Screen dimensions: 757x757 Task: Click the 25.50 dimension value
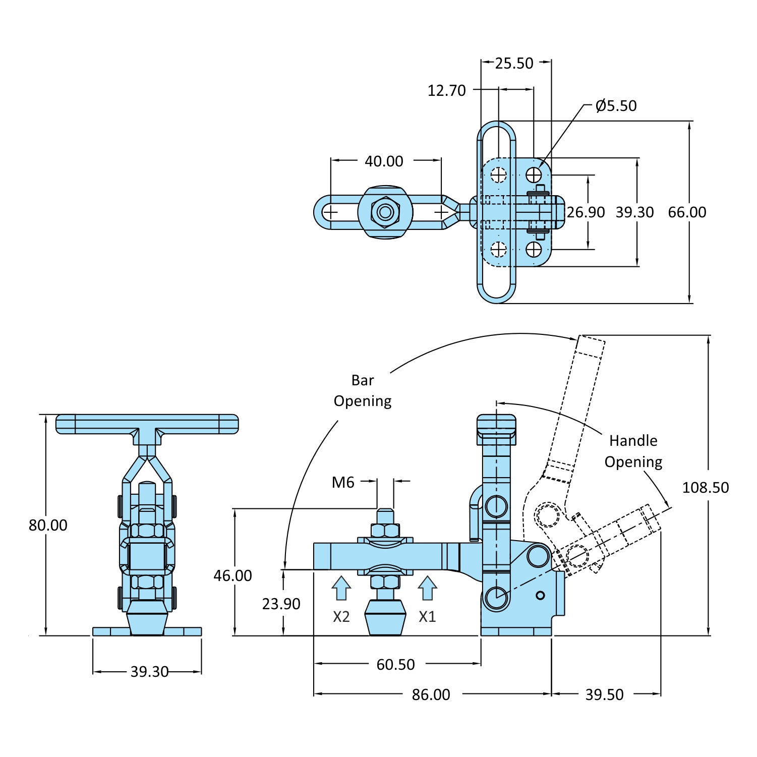tap(514, 64)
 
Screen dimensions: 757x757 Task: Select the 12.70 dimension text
tap(446, 91)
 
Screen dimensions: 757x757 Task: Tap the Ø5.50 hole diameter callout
tap(616, 106)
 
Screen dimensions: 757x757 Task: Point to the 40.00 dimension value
tap(384, 161)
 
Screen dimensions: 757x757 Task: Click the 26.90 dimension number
tap(586, 212)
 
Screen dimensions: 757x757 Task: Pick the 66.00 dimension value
tap(687, 212)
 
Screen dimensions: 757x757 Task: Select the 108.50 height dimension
tap(705, 488)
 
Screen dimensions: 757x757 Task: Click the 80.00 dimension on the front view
tap(48, 526)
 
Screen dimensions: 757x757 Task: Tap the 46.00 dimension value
tap(232, 576)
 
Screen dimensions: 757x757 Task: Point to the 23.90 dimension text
tap(281, 604)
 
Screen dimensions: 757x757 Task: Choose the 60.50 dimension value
tap(395, 665)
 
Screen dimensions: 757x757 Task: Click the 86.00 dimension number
tap(431, 695)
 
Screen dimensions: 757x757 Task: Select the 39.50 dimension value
tap(604, 695)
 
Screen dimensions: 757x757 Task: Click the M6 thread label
tap(343, 483)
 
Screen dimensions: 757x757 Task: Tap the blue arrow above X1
tap(427, 588)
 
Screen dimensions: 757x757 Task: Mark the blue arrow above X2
tap(341, 588)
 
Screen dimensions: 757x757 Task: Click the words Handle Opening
tap(633, 451)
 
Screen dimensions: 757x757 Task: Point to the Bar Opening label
tap(363, 391)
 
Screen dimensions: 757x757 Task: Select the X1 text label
tap(427, 617)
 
